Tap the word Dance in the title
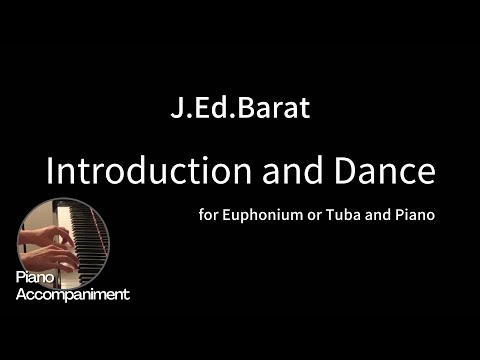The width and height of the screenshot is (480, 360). [388, 171]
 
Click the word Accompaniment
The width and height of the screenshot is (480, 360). [73, 294]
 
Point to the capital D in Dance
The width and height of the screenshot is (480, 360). [350, 171]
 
